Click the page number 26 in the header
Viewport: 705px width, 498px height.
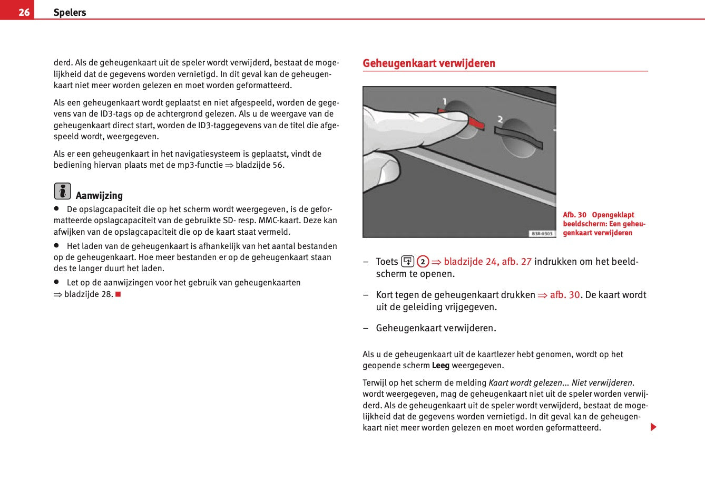pos(24,12)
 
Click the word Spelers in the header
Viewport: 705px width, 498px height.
pos(70,13)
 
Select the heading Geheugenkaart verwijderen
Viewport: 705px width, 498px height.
pos(429,63)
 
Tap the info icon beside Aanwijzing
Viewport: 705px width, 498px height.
pos(62,191)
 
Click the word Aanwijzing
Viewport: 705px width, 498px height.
pos(99,196)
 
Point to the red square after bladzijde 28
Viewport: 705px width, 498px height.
pos(119,294)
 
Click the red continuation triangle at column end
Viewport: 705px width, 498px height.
pos(653,427)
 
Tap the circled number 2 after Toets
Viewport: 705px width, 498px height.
pos(423,262)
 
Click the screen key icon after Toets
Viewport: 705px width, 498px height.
pos(408,261)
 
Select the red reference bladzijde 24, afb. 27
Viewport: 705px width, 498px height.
pos(487,262)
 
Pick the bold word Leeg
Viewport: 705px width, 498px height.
pos(440,366)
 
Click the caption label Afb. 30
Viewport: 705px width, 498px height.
pos(574,215)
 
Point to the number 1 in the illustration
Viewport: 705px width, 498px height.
pos(445,101)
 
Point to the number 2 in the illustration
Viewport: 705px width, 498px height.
pos(500,120)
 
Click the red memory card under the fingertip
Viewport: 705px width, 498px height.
pos(476,123)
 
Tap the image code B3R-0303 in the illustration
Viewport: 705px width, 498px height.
pos(542,233)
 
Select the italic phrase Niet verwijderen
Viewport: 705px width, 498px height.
pos(602,383)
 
